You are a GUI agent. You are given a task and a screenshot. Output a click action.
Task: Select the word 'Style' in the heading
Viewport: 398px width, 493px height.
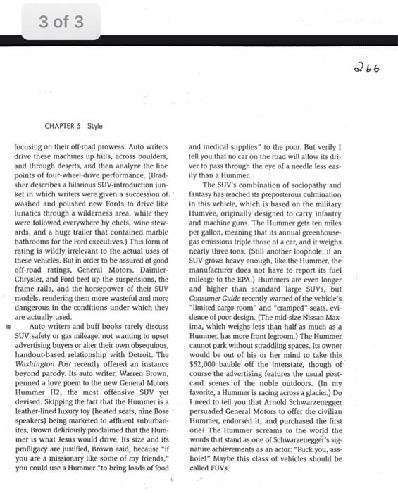[x=94, y=126]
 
